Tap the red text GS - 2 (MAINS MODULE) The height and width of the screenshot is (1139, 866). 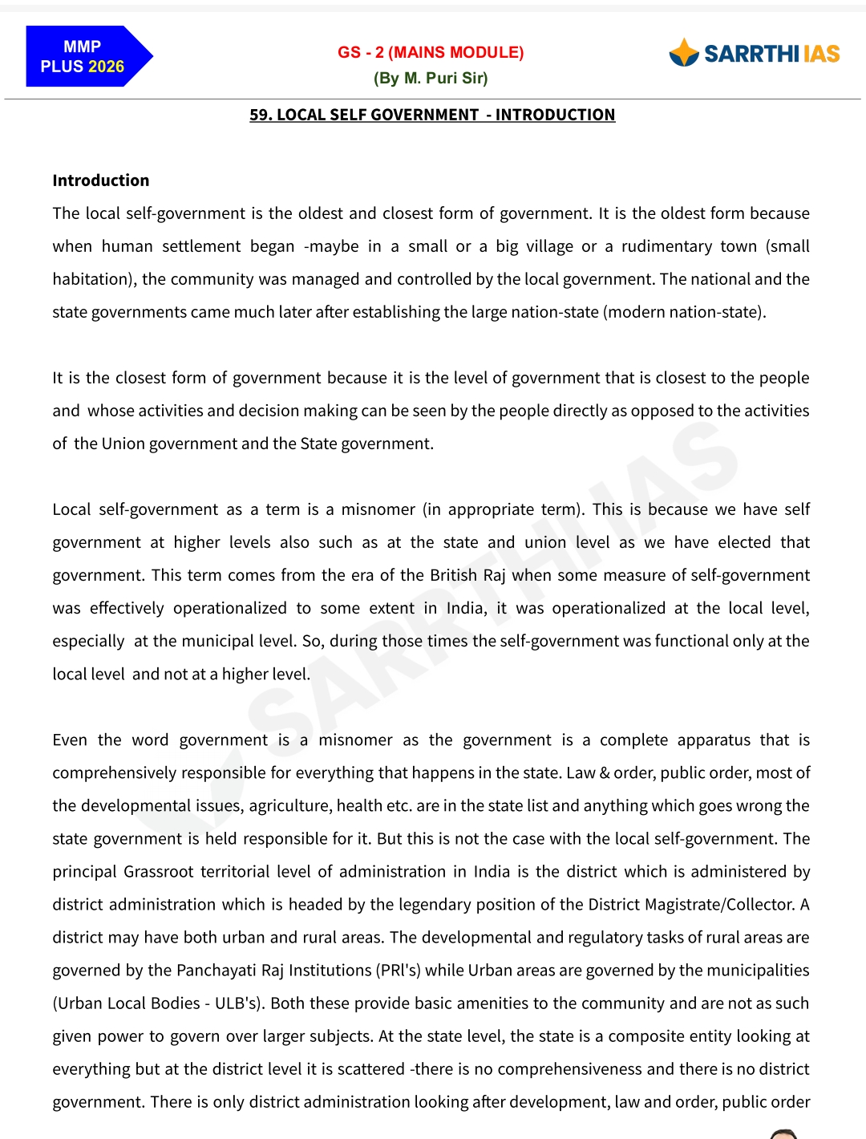pos(431,53)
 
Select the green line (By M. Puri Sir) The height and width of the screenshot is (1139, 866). pos(431,79)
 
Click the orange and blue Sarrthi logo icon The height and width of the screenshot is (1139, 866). pos(684,53)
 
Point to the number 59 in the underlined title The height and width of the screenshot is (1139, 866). pos(259,115)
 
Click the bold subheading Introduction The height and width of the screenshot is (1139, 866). pos(101,180)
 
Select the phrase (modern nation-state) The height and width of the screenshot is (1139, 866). pos(686,312)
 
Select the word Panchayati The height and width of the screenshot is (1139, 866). pos(216,970)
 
